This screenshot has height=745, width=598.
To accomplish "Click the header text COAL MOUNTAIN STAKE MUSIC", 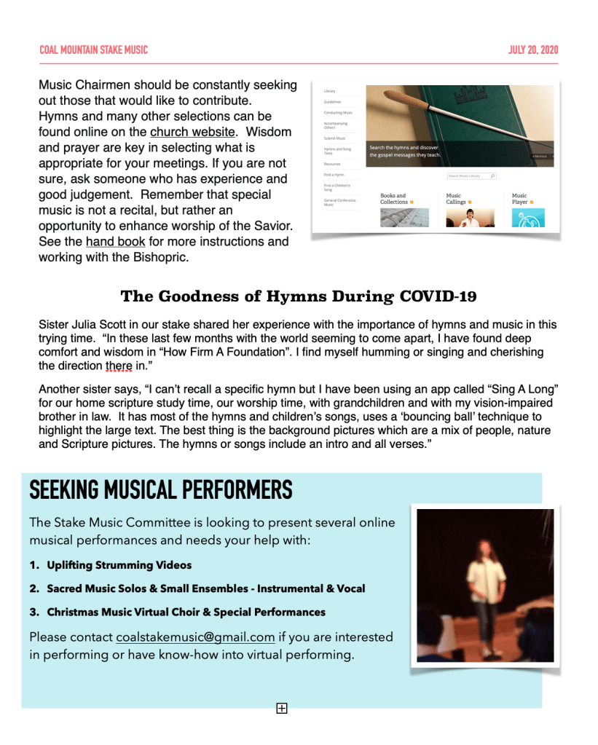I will pos(93,50).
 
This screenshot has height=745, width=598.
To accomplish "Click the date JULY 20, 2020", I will pos(533,50).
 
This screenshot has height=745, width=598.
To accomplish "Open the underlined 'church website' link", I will pos(192,133).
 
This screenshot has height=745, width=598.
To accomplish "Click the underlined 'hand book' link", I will pos(115,242).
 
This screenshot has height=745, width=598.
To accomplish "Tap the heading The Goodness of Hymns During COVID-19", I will pos(299,296).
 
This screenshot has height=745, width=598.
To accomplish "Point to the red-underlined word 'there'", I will pos(119,366).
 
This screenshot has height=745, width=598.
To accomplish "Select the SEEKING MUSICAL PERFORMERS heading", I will pos(161,490).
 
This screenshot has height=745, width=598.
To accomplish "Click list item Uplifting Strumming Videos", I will pos(119,565).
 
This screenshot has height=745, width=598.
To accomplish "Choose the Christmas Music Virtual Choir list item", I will pos(186,612).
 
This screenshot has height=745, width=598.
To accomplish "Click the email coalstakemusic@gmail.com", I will pos(195,637).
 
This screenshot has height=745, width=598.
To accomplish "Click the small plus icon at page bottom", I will pos(282,708).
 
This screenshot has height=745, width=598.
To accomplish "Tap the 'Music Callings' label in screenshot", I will pos(456,199).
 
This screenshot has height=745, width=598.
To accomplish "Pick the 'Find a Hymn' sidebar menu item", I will pos(334,176).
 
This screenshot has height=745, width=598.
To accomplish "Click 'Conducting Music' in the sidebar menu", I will pos(338,113).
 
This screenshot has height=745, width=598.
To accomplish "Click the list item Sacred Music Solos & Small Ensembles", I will pos(206,588).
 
